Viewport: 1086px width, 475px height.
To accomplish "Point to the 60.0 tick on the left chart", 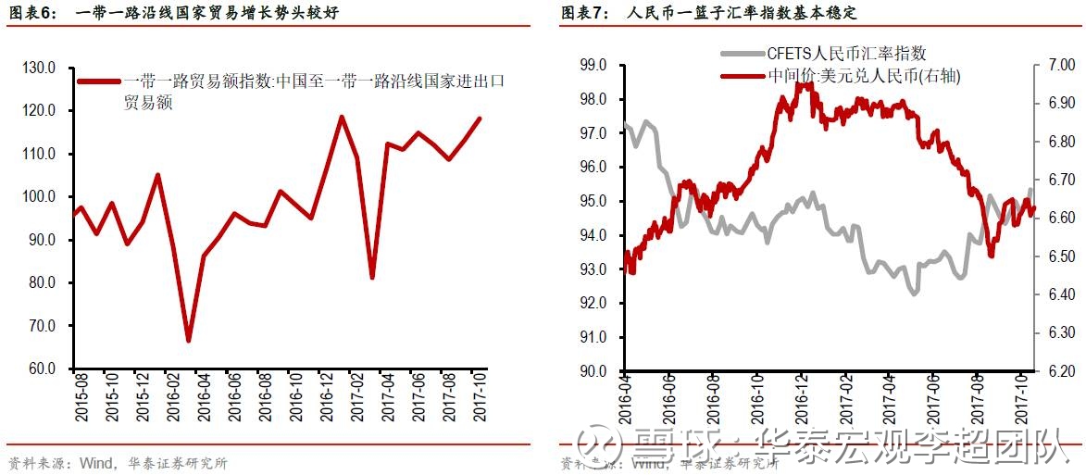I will click(x=42, y=369).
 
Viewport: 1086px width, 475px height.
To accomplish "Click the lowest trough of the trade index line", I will click(x=188, y=341).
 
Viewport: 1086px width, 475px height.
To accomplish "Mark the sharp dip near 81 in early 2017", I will click(x=371, y=278).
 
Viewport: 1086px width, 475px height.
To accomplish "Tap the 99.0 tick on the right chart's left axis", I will click(x=592, y=66).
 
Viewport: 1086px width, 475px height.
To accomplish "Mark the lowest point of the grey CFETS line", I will click(x=914, y=294).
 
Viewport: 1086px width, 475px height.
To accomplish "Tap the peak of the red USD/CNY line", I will click(x=802, y=83).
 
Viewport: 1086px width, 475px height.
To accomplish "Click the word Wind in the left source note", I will click(x=96, y=463).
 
